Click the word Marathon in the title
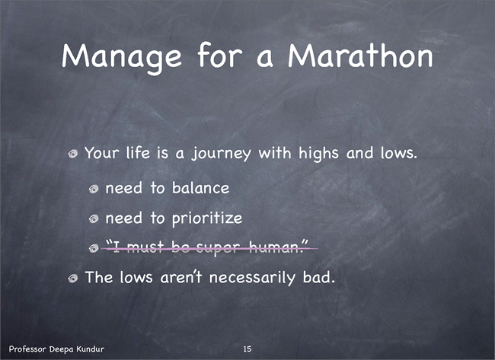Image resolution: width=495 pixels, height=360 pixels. pos(360,56)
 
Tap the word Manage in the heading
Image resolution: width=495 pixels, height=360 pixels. pos(122,59)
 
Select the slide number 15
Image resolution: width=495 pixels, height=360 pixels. pos(247,349)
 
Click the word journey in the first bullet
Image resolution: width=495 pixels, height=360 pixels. pos(222,154)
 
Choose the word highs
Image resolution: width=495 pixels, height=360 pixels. pos(318,154)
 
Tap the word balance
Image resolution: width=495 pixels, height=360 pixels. pos(200,188)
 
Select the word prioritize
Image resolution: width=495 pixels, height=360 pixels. pos(207,218)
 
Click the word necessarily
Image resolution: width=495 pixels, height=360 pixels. pos(252,279)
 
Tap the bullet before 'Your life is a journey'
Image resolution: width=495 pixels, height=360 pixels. pos(73,154)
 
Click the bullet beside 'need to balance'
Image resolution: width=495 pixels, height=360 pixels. pos(94,189)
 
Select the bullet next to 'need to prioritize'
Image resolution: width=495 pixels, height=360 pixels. pos(94,218)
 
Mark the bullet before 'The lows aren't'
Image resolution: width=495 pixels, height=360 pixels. pos(73,278)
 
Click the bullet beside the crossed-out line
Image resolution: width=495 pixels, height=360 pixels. pos(94,248)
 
